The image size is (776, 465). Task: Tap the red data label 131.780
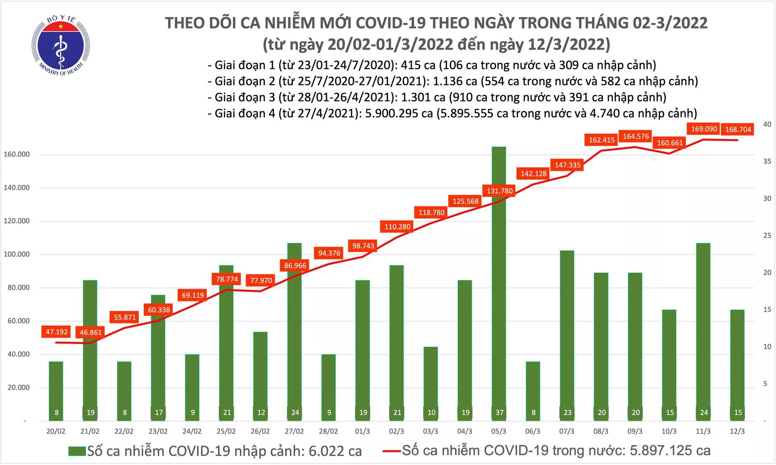(x=499, y=191)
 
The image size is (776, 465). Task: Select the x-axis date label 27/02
(x=294, y=431)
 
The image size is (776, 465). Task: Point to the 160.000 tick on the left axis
(x=17, y=154)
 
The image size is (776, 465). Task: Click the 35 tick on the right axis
(x=767, y=161)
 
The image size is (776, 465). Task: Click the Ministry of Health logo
(x=61, y=46)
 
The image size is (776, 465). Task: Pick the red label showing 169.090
(x=704, y=129)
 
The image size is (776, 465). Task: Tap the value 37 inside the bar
(x=499, y=412)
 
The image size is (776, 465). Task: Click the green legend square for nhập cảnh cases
(x=76, y=451)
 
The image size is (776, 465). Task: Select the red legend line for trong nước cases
(x=391, y=451)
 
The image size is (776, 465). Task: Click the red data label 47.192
(x=57, y=332)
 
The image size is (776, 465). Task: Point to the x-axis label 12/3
(x=737, y=431)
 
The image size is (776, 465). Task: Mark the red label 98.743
(x=363, y=246)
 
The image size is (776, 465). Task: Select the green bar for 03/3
(x=431, y=384)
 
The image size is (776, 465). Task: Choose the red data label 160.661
(x=670, y=143)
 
